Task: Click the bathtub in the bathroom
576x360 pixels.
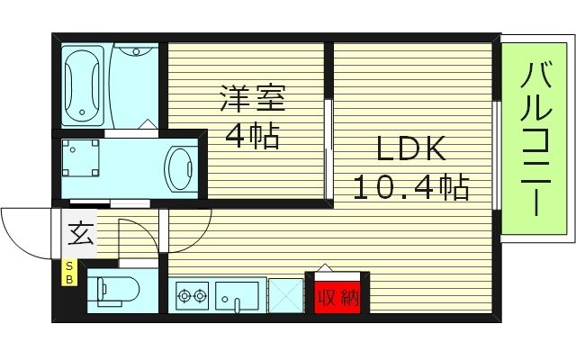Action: [x=85, y=85]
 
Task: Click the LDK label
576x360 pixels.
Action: [x=410, y=149]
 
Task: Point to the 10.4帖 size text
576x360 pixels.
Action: [x=410, y=187]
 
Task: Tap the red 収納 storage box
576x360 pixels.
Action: [x=337, y=294]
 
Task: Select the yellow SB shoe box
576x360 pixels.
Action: [x=69, y=272]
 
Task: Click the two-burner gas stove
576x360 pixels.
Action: [x=191, y=293]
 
